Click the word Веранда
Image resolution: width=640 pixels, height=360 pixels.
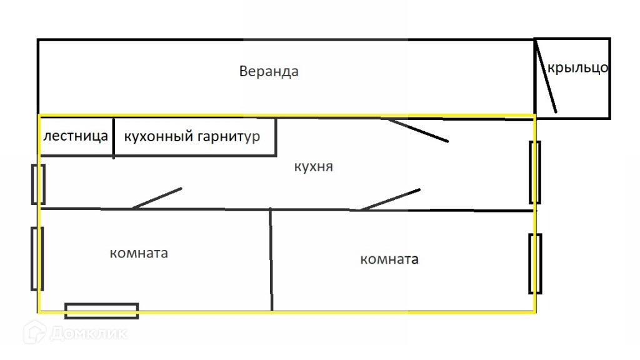coord(269,71)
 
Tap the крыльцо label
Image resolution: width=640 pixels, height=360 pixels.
coord(578,67)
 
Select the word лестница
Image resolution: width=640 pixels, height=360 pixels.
coord(76,136)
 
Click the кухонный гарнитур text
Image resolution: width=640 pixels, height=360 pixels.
coord(192,136)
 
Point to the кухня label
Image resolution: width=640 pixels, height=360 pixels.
coord(313,167)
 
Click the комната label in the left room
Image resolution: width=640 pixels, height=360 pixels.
coord(139,253)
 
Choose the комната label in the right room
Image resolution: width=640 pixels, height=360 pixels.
coord(389,259)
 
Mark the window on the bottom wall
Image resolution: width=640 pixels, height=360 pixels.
coord(102,311)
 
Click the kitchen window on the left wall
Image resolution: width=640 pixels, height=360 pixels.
coord(38,184)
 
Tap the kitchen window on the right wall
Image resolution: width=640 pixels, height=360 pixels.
coord(535,172)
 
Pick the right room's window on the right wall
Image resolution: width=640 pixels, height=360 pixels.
coord(535,264)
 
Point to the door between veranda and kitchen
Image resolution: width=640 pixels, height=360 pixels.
coord(417,130)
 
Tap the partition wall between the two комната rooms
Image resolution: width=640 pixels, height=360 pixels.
coord(271,259)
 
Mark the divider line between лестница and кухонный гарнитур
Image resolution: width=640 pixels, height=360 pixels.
coord(113,137)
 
